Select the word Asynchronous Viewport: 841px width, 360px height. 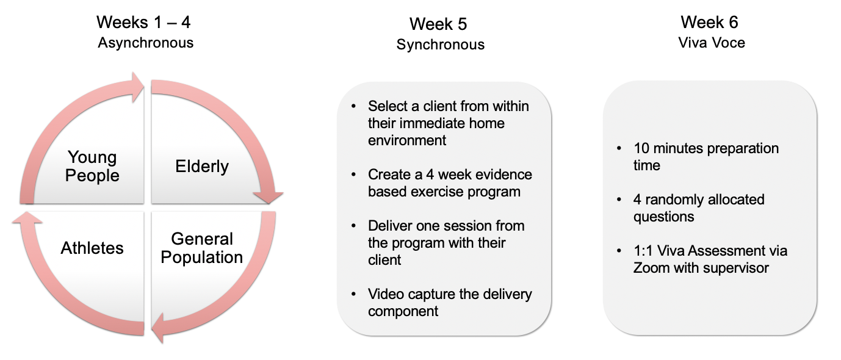coord(146,43)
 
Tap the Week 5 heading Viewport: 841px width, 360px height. coord(439,24)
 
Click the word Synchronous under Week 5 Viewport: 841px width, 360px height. coord(440,45)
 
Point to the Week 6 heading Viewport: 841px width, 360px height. coord(709,23)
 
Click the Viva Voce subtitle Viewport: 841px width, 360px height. coord(712,43)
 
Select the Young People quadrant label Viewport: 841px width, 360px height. coord(92,166)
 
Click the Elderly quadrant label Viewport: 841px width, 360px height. coord(202,166)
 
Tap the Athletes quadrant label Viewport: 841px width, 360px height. coord(92,248)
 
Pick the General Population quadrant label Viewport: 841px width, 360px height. coord(202,248)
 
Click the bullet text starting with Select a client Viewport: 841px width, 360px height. coord(449,123)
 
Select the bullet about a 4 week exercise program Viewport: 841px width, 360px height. coord(450,183)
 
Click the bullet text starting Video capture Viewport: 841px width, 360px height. coord(450,303)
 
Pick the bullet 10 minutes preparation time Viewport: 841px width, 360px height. coord(706,157)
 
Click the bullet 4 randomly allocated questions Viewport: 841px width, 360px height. coord(698,208)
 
